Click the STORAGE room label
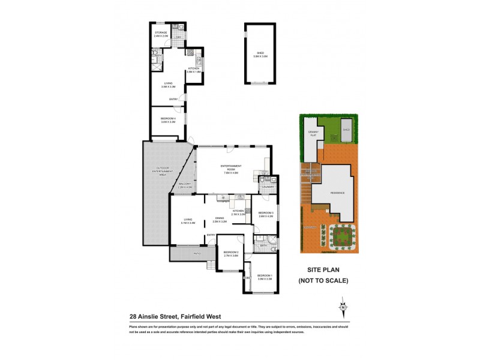coord(161,34)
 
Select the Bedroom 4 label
coord(167,120)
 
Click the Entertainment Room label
coord(230,166)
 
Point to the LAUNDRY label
coord(268,187)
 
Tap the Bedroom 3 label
coord(266,214)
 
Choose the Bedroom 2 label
coord(231,253)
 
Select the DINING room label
coord(220,220)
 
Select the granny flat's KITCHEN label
coord(194,69)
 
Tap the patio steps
coord(211,265)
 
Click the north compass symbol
coord(343,308)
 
